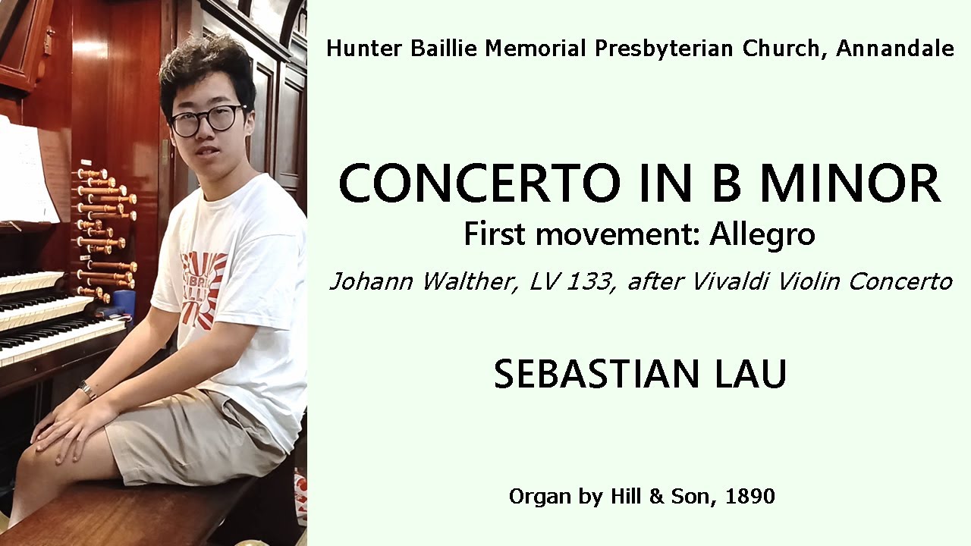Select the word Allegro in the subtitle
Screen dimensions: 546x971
[762, 234]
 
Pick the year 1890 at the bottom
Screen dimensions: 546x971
[749, 497]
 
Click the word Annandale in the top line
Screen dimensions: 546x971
[894, 49]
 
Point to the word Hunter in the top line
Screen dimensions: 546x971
[359, 49]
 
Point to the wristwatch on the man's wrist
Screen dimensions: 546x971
[87, 391]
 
